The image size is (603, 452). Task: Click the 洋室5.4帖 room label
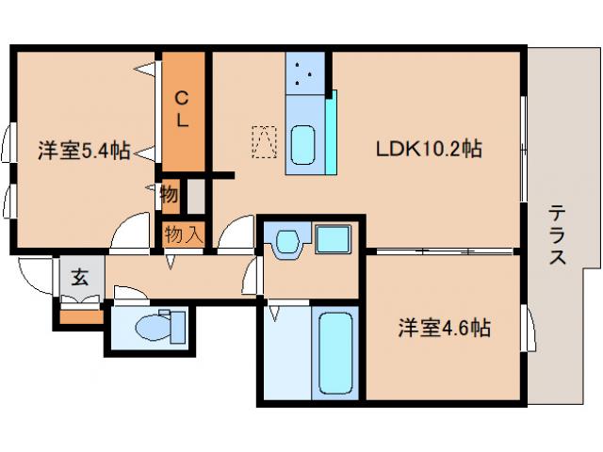(x=83, y=150)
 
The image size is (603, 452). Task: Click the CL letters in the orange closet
(x=182, y=107)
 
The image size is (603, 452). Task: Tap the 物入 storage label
(x=183, y=234)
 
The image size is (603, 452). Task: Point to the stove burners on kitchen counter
(x=305, y=73)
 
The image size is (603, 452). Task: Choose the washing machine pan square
(x=333, y=239)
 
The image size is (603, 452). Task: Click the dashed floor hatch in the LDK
(x=264, y=143)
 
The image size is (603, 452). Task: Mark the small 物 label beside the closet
(x=169, y=195)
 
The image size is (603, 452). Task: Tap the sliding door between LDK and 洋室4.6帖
(x=443, y=251)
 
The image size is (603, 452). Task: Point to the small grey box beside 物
(x=195, y=196)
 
